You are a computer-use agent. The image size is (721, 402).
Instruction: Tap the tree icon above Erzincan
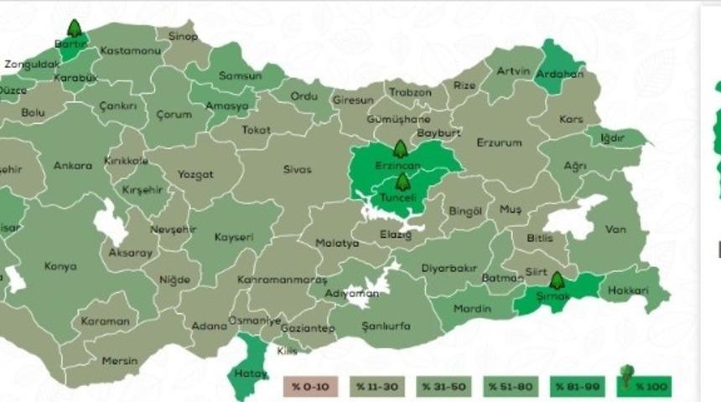400,150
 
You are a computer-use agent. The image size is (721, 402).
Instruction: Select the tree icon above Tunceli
403,182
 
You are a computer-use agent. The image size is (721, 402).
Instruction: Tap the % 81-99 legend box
576,386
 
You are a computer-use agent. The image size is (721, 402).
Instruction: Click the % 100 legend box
644,385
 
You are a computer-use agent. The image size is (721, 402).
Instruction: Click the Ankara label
73,166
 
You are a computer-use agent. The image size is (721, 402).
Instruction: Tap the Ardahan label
564,74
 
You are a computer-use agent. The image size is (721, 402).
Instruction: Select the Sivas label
297,170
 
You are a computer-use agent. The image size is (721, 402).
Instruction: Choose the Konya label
60,266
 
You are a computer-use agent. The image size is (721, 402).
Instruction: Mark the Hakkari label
629,291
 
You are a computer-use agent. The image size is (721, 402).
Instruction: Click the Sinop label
183,37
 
